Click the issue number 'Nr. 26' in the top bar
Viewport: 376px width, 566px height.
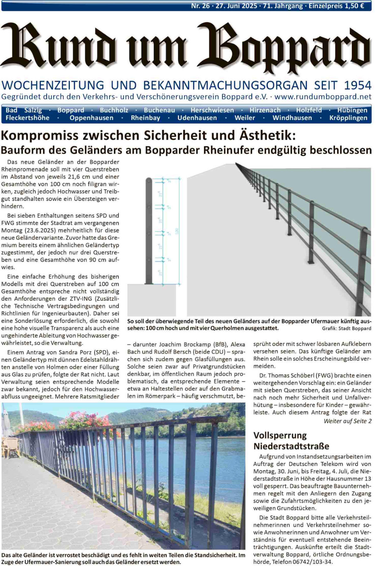pyautogui.click(x=200, y=6)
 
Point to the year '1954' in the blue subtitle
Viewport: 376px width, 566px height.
pyautogui.click(x=358, y=85)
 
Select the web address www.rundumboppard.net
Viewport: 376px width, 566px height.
pyautogui.click(x=323, y=97)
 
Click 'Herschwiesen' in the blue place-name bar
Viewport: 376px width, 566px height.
pyautogui.click(x=212, y=110)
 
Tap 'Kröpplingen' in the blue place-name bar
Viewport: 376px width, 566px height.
pyautogui.click(x=348, y=118)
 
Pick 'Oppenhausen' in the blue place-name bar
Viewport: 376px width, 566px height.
pyautogui.click(x=91, y=118)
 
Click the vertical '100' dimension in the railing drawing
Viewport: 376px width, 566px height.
pyautogui.click(x=177, y=231)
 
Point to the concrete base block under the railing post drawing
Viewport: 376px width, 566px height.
pyautogui.click(x=151, y=299)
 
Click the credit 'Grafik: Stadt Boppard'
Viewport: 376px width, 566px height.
pyautogui.click(x=346, y=328)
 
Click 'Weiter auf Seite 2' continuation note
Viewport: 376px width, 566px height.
pyautogui.click(x=347, y=421)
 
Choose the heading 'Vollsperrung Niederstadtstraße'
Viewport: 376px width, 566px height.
pyautogui.click(x=291, y=440)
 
